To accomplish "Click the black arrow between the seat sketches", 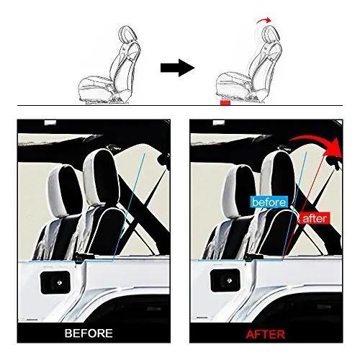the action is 178,68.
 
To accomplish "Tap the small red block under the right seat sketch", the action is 225,103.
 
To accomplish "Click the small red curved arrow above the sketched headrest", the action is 264,20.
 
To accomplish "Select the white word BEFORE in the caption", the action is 89,333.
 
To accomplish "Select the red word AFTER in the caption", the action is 266,334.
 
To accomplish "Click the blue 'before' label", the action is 269,202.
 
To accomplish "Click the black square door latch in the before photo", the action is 55,282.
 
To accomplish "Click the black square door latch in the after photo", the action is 225,280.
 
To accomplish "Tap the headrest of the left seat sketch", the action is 127,34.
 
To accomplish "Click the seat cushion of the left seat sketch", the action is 96,85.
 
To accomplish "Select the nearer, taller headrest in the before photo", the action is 101,178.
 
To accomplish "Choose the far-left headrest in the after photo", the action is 238,191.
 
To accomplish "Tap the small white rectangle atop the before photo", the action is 50,122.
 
